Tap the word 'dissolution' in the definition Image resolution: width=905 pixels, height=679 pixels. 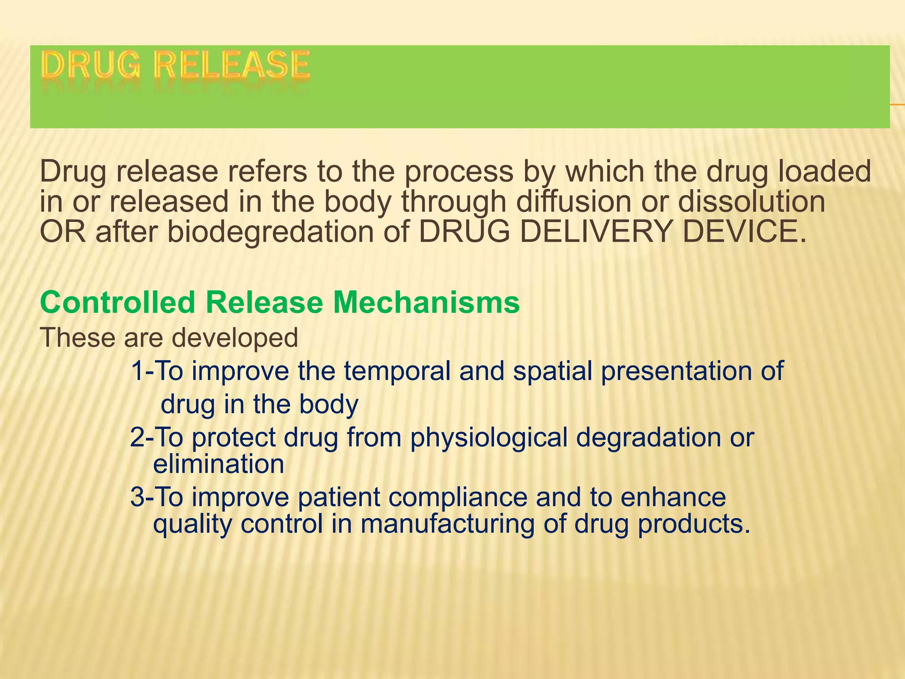click(x=751, y=202)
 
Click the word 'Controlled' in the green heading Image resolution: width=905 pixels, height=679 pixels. click(x=118, y=303)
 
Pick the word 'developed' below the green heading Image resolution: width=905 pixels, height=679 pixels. click(x=235, y=338)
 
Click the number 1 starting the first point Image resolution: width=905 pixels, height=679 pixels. click(x=137, y=371)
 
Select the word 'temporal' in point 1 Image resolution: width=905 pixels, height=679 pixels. click(x=397, y=371)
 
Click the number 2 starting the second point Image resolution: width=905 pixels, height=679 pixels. click(x=137, y=437)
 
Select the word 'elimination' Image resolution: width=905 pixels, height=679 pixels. click(x=218, y=464)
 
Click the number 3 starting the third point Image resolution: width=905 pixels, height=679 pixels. click(x=137, y=497)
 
